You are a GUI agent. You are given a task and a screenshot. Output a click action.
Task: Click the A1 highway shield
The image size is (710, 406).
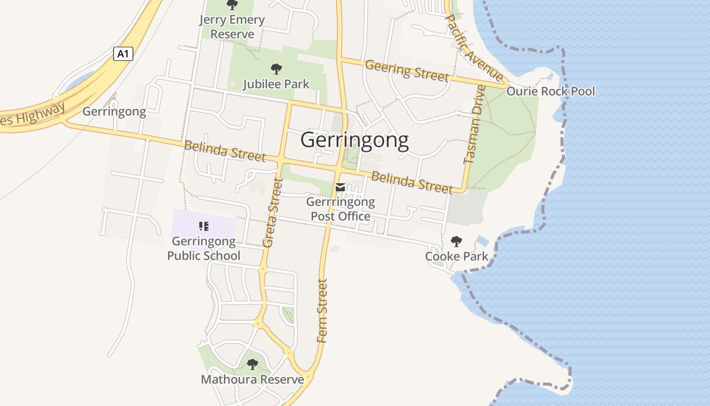tap(123, 54)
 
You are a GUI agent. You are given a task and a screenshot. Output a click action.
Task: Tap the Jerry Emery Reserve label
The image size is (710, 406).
tap(232, 27)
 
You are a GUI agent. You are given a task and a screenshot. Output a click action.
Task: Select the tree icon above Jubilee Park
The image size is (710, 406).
tap(276, 69)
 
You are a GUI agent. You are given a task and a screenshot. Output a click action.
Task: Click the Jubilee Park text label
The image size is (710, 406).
tap(276, 84)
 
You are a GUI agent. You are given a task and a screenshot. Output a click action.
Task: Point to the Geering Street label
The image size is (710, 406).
tap(407, 70)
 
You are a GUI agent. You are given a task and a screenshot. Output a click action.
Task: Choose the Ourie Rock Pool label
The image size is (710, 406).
tap(550, 91)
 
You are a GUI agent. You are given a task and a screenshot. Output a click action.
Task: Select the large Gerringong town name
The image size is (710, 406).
tap(354, 140)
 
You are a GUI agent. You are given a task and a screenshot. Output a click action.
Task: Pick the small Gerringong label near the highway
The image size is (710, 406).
tap(114, 111)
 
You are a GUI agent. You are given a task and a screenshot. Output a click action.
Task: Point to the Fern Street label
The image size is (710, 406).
tap(323, 311)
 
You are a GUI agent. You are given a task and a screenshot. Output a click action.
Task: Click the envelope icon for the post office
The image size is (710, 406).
tap(340, 187)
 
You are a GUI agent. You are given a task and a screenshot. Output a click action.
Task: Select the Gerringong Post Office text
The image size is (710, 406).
tap(340, 209)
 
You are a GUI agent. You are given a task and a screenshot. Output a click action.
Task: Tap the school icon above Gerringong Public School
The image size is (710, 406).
tap(204, 226)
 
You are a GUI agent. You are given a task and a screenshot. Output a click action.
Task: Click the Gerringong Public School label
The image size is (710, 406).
tap(204, 248)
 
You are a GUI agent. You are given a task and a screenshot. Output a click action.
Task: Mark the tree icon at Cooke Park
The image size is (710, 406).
tap(456, 242)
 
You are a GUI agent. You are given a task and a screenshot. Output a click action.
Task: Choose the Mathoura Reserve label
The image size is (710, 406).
tap(253, 379)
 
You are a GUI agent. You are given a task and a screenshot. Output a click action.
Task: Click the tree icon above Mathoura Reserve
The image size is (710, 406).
tap(253, 364)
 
